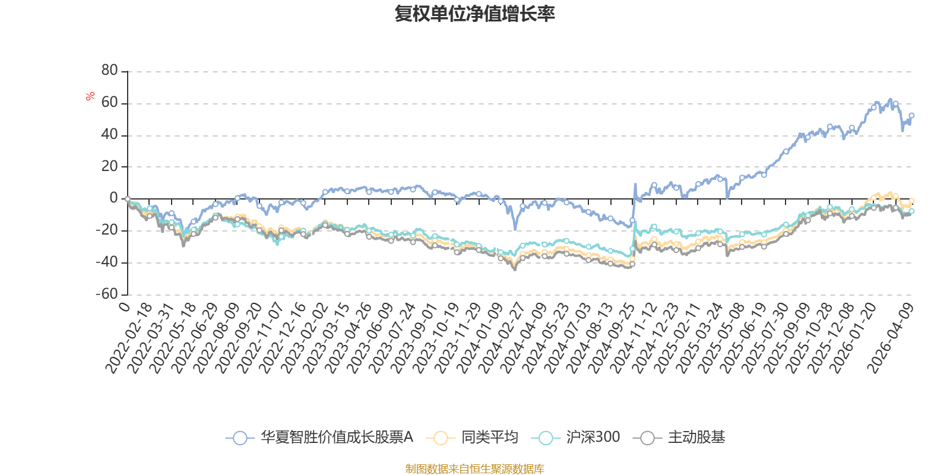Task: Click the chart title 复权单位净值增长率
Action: coord(474,14)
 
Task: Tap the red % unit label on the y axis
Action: coord(90,96)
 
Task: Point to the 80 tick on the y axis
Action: coord(109,70)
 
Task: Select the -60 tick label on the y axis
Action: coord(107,293)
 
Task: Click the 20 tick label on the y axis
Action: coord(109,166)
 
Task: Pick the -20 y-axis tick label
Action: coord(107,230)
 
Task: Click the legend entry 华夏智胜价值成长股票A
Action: coord(319,437)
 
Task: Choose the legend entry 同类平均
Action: coord(471,437)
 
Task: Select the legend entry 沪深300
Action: coord(575,437)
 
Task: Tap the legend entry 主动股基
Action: coord(679,437)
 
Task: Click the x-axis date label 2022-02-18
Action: coord(128,338)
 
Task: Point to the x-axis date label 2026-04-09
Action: coord(891,338)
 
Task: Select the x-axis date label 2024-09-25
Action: coord(612,338)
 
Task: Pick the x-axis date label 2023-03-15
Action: coord(326,338)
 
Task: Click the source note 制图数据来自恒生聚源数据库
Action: coord(474,468)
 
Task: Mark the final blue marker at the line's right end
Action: coord(911,115)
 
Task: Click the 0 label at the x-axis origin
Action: coord(125,306)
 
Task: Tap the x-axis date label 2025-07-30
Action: coord(765,338)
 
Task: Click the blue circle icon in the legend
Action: coord(240,438)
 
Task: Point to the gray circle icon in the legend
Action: coord(648,438)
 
